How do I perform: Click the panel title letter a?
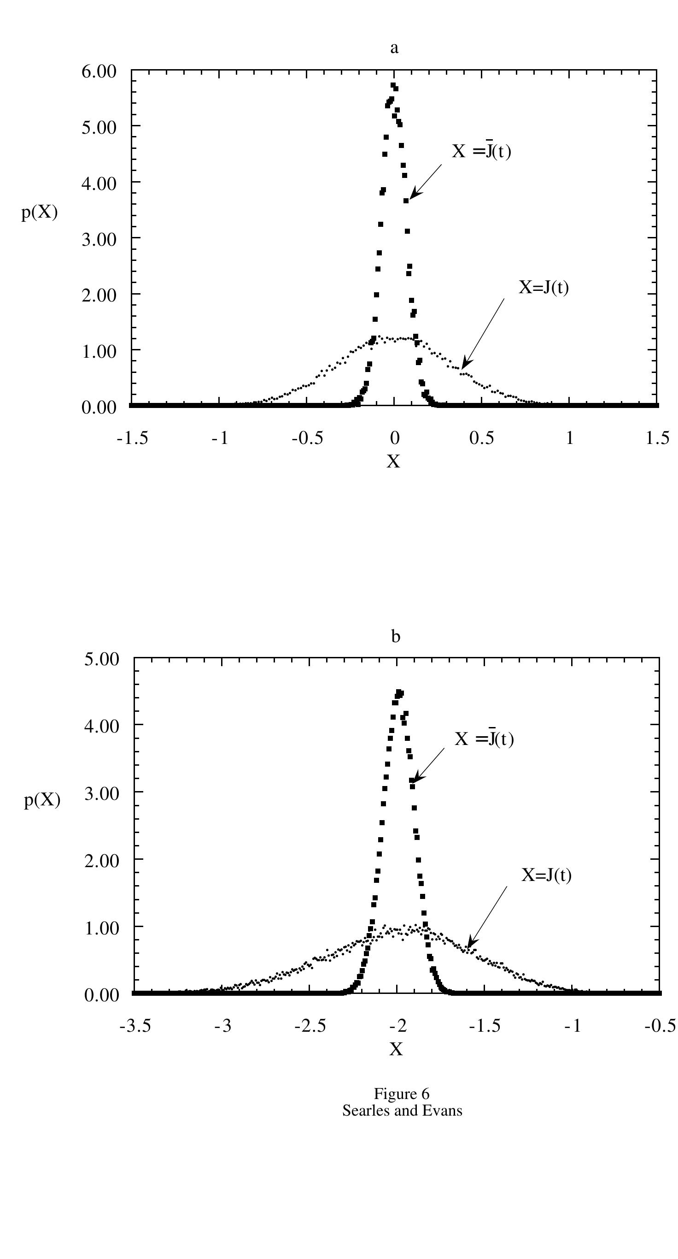coord(394,48)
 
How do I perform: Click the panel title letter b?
coord(396,637)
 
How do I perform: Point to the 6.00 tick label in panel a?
coord(99,71)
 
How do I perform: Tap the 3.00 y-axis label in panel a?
coord(99,239)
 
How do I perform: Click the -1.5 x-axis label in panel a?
coord(132,438)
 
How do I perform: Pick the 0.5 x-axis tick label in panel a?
coord(482,438)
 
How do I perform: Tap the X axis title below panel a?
coord(393,461)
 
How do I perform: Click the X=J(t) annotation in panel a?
coord(544,287)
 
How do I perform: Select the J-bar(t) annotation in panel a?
coord(482,152)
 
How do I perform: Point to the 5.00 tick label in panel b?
coord(102,659)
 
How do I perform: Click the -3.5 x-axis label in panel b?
coord(135,1025)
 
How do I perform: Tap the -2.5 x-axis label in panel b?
coord(310,1025)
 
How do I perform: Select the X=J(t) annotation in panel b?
coord(546,875)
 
